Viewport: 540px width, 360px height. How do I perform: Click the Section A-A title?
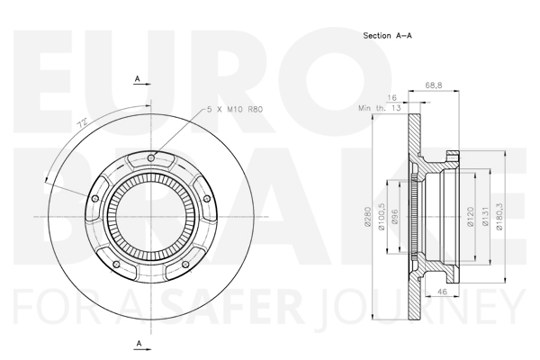coord(387,35)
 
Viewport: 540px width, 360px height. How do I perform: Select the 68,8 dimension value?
coord(434,85)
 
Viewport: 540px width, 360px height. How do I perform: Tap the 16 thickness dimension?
coord(391,98)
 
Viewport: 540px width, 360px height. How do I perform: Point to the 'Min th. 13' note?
coord(380,108)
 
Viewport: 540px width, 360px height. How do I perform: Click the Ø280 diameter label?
coord(367,217)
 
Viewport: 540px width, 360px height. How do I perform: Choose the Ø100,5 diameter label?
coord(382,217)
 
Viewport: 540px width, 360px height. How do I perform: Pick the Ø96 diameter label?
coord(395,217)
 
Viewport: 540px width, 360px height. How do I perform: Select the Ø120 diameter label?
coord(471,217)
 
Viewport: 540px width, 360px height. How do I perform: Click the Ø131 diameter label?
coord(486,217)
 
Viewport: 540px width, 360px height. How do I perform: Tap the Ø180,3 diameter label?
coord(499,217)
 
